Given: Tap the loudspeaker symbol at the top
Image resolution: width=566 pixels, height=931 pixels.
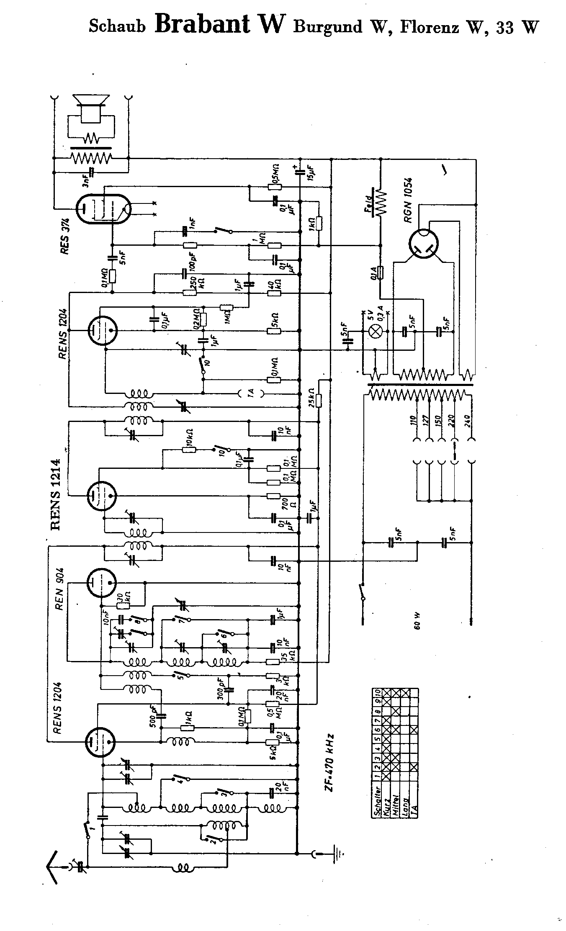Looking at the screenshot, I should (91, 108).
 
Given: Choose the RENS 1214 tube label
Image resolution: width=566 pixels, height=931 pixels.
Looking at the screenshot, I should (56, 494).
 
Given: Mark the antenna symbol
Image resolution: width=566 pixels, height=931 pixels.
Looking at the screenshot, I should (53, 867).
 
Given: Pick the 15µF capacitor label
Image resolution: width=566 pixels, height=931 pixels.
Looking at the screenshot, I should (311, 171).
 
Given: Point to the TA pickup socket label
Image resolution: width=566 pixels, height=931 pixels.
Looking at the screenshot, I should (251, 393).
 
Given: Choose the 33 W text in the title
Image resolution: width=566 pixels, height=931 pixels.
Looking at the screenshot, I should (517, 27).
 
